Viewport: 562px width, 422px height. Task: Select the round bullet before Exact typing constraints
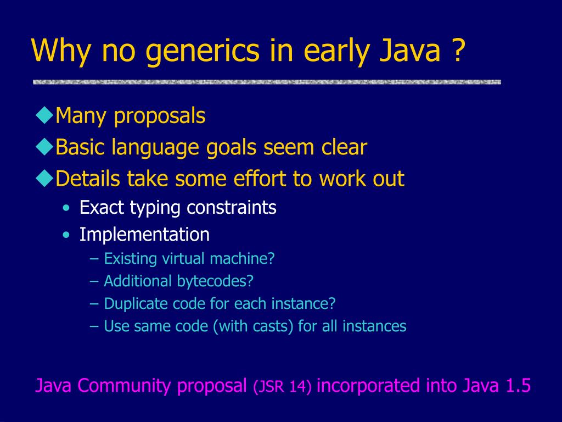[x=66, y=208]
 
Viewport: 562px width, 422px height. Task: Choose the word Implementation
[x=144, y=235]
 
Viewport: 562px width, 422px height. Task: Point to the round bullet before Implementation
[x=66, y=235]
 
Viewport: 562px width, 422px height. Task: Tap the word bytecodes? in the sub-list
[x=215, y=281]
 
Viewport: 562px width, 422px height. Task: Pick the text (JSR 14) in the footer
[x=282, y=387]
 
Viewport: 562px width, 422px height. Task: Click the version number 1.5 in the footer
[x=518, y=386]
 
